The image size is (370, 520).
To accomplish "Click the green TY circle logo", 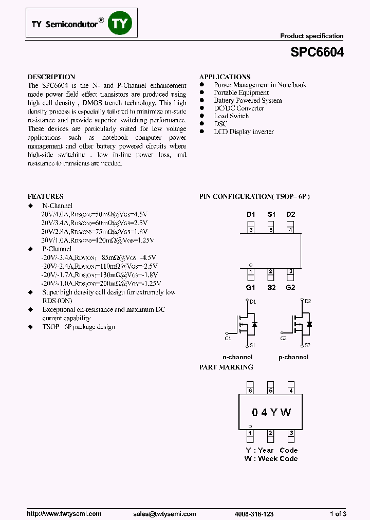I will pyautogui.click(x=120, y=23).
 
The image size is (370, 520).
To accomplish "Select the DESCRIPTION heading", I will pyautogui.click(x=51, y=77).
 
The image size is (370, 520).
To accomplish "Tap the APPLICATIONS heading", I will pyautogui.click(x=225, y=77).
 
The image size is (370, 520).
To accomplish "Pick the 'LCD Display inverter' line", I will pyautogui.click(x=244, y=132).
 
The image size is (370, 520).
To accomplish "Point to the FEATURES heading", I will pyautogui.click(x=46, y=196).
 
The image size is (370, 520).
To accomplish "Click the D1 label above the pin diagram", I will pyautogui.click(x=251, y=214).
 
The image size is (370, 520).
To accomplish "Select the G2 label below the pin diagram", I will pyautogui.click(x=290, y=287).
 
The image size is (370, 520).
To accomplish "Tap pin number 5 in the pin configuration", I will pyautogui.click(x=271, y=230).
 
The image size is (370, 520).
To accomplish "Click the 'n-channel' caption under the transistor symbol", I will pyautogui.click(x=237, y=357).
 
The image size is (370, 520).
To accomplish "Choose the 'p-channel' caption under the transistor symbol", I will pyautogui.click(x=293, y=357).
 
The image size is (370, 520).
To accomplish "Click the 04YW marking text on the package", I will pyautogui.click(x=271, y=413).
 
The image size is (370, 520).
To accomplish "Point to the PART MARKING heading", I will pyautogui.click(x=226, y=367).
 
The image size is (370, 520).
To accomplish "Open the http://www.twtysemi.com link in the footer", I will pyautogui.click(x=64, y=514).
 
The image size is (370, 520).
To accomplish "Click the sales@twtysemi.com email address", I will pyautogui.click(x=164, y=514).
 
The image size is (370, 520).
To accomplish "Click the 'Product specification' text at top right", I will pyautogui.click(x=311, y=36).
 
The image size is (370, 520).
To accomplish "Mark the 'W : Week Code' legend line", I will pyautogui.click(x=271, y=458).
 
